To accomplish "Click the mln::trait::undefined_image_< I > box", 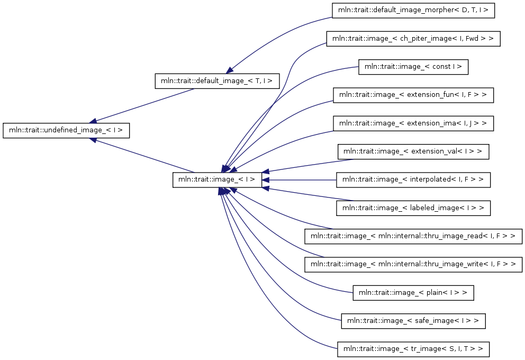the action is pos(66,130).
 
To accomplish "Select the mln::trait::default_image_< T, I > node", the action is pos(217,81).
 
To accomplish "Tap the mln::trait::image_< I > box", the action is pos(217,180).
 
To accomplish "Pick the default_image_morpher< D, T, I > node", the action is pos(413,11).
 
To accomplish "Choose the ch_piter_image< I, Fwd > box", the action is pos(413,39).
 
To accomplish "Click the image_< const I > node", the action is pos(413,67).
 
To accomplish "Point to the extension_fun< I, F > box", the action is pos(413,95).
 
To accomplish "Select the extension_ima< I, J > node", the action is pos(413,123).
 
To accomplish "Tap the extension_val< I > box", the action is pos(413,152).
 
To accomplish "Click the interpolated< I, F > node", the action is pos(413,180).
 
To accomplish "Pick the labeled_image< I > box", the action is pos(413,208).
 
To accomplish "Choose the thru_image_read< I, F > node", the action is pos(413,237).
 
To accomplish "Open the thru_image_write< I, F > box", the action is pos(413,265).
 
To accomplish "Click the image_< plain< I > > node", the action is pos(413,293).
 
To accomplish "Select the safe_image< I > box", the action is pos(413,321).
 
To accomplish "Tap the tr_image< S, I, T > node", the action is pos(413,349).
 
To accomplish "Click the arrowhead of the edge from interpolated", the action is pos(265,180).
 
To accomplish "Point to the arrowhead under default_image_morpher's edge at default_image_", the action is pos(229,70).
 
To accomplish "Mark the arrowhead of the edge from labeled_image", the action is pos(265,188).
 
